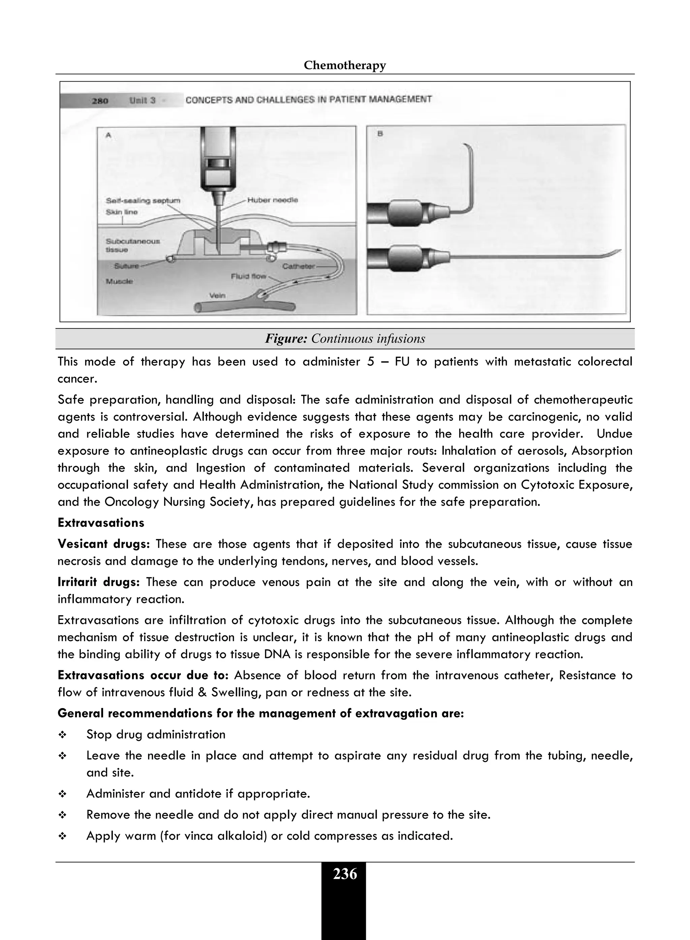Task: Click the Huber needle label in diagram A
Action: (272, 200)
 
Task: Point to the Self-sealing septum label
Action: (143, 201)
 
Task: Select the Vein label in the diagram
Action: (217, 295)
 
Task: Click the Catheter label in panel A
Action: (298, 266)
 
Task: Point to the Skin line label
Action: (122, 212)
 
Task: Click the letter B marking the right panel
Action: (380, 134)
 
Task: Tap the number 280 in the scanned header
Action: (100, 101)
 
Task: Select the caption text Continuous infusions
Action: (368, 339)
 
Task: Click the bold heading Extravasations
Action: (101, 523)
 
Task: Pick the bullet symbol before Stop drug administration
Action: (62, 735)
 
